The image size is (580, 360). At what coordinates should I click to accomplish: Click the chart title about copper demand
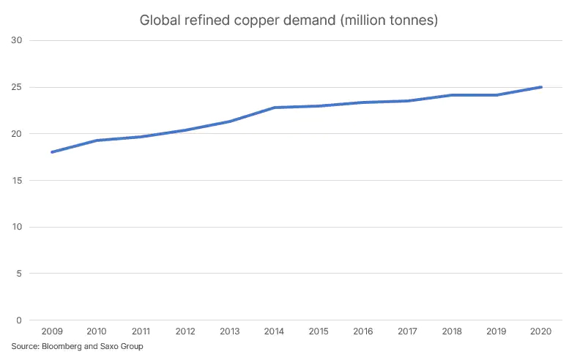289,20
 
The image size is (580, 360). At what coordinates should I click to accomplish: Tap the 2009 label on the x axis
53,331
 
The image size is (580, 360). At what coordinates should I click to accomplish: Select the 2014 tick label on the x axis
274,331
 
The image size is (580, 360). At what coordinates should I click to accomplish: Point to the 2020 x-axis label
540,331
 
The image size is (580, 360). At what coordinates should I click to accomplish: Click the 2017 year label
407,331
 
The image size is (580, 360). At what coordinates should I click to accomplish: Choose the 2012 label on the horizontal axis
185,331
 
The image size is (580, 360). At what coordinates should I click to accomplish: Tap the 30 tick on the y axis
18,40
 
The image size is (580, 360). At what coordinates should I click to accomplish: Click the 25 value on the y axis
18,87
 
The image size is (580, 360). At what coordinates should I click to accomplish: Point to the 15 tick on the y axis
18,180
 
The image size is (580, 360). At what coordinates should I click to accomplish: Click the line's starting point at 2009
53,152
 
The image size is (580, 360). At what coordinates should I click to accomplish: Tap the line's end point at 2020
540,87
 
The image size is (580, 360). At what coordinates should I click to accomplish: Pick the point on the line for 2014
274,108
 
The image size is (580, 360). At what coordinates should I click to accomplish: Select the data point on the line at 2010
97,140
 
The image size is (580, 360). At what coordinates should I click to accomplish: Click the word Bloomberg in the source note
60,346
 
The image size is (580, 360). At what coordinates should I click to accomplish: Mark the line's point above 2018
452,95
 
